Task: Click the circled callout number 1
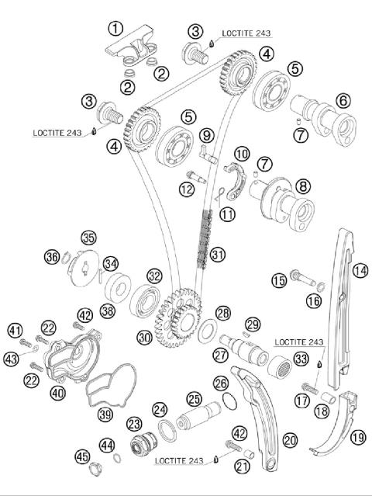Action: (115, 29)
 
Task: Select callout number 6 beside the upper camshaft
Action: (343, 100)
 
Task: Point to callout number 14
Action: (360, 270)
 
